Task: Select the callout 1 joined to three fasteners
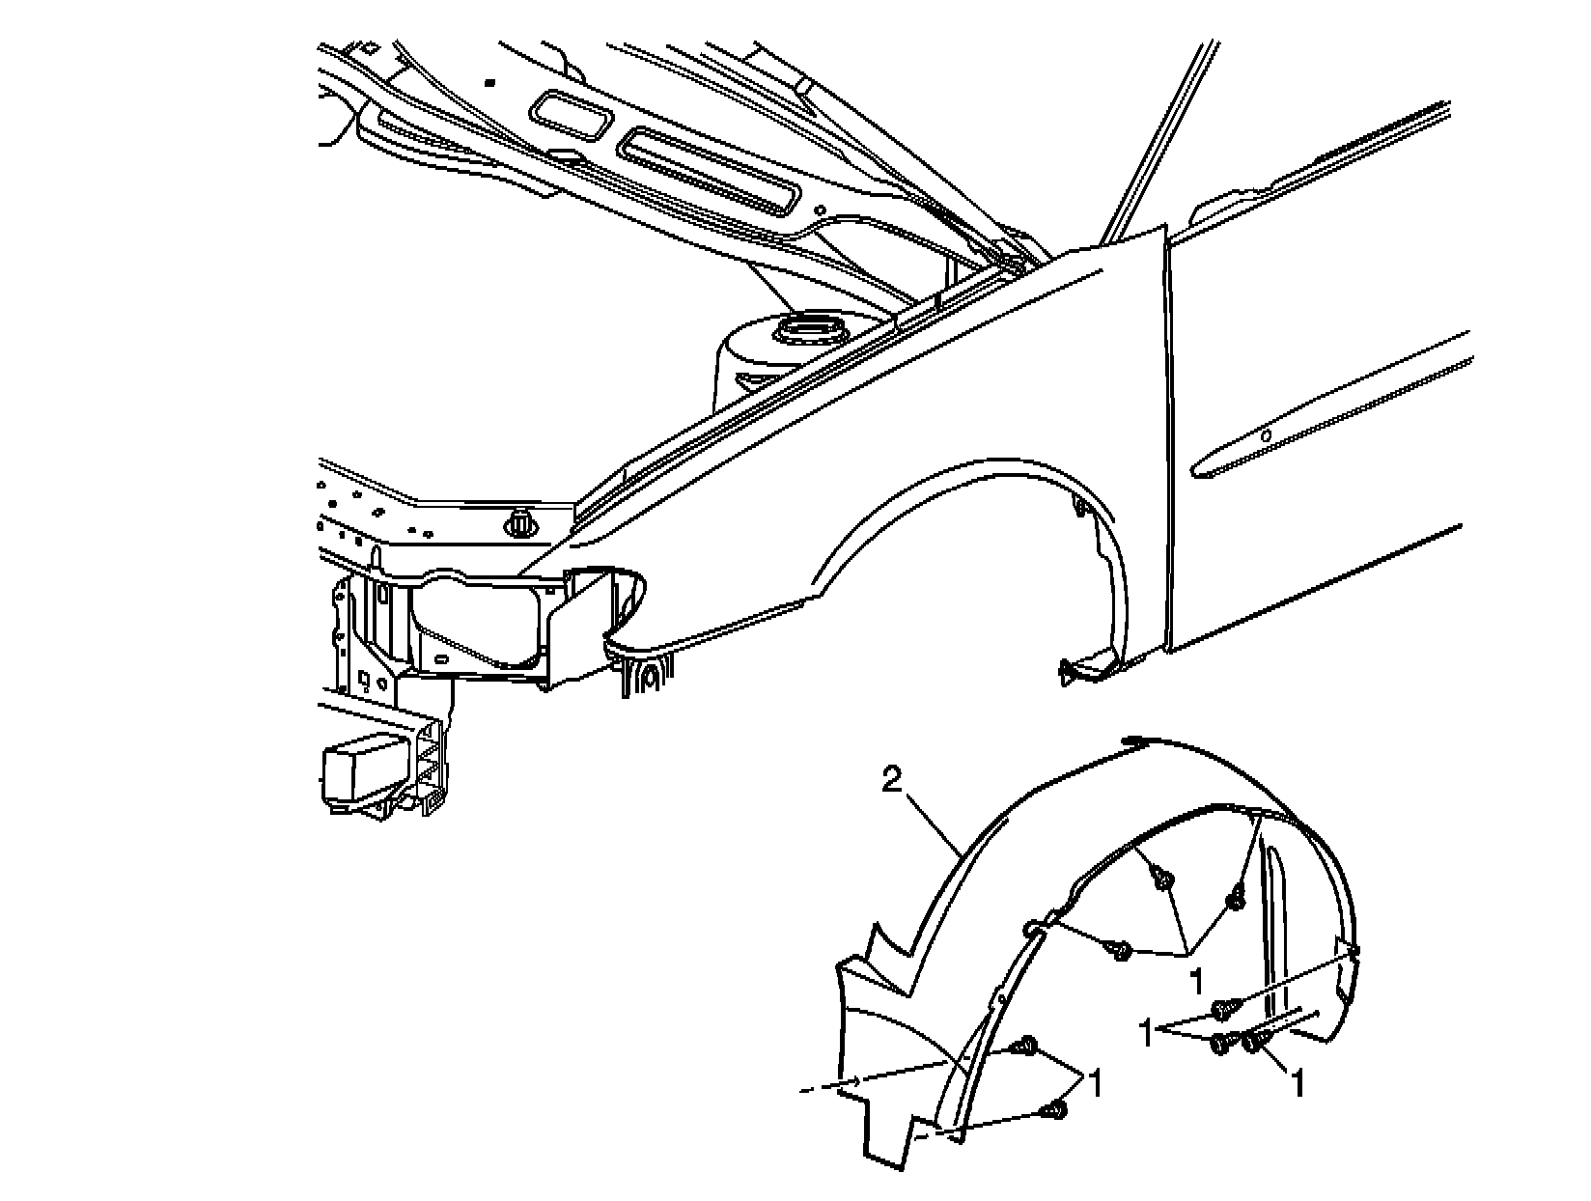click(1196, 981)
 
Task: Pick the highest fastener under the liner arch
click(1164, 880)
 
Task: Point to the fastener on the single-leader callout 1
click(1255, 1042)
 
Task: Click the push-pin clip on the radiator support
click(520, 522)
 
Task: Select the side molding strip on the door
click(1332, 405)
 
